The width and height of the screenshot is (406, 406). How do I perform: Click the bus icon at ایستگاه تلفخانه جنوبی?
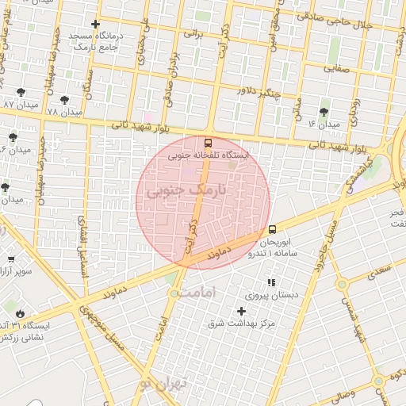coord(209,144)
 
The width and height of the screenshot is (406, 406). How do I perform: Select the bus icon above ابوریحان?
coord(273,228)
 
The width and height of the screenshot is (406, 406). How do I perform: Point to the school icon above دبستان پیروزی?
coord(271,282)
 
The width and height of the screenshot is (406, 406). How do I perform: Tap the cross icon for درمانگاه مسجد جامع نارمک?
coord(97,25)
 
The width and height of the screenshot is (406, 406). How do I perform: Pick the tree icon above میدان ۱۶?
coord(324,112)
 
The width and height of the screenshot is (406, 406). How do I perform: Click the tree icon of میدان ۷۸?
coord(64,100)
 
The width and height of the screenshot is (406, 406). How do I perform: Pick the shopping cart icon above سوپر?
coord(10,259)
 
